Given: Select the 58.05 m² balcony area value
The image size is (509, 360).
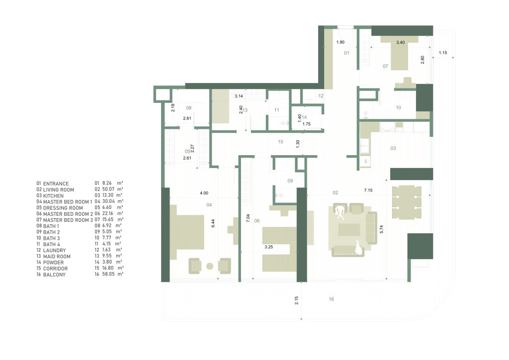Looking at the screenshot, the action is tap(109, 274).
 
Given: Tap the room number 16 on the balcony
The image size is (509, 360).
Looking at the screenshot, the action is tap(331, 299).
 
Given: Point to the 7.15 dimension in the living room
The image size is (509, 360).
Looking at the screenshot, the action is tap(368, 190).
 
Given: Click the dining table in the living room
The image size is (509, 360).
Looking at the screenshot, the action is tap(407, 201).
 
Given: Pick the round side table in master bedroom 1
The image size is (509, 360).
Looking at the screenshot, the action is tap(210, 266).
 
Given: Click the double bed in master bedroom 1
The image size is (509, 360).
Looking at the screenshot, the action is tap(187, 232).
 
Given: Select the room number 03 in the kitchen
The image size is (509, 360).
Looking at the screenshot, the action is tap(393, 148).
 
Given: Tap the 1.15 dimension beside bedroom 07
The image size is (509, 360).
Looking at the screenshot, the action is tap(443, 53).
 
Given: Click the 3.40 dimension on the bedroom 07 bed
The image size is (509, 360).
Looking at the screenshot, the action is tap(400, 42).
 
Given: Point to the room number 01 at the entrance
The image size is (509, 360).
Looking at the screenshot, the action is tap(346, 53).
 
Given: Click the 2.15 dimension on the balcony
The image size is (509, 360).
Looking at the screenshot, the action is tap(296, 300).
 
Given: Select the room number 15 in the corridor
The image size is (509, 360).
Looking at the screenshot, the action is tap(280, 142).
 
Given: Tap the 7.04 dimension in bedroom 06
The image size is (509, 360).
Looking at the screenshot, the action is tap(248, 218).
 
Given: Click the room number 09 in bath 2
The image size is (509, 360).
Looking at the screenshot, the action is tap(290, 181).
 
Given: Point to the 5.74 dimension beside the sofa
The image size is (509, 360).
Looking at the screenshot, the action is tap(381, 229).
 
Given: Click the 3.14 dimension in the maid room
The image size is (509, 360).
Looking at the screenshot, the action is tap(239, 96).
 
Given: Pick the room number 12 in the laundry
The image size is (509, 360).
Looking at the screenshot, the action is tap(321, 96).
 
